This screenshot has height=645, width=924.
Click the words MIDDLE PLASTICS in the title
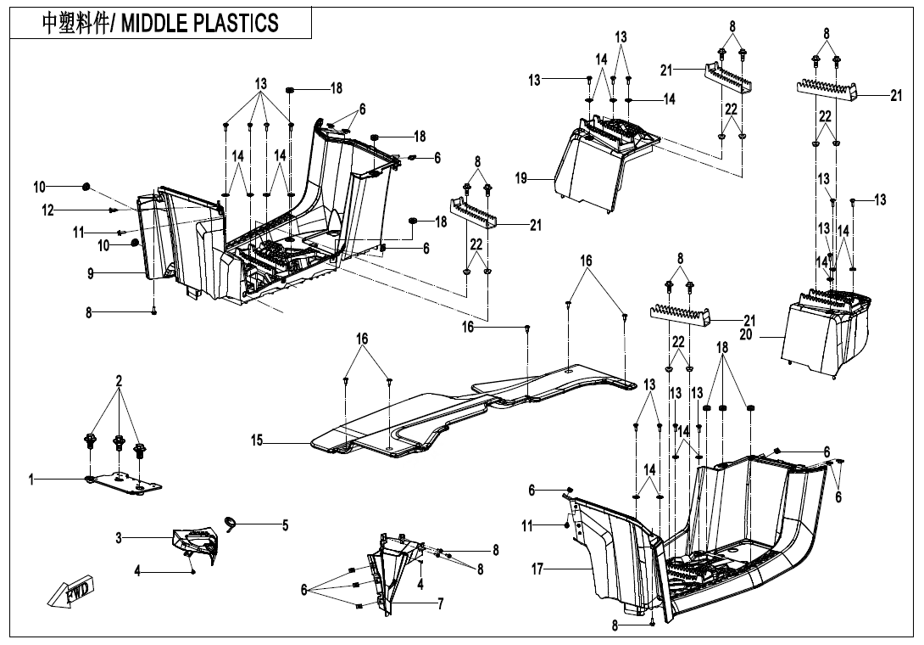[x=200, y=23]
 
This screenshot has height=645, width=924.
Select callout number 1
[x=31, y=480]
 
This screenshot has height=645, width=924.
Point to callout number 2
[x=119, y=381]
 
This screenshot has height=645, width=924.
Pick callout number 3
[x=120, y=537]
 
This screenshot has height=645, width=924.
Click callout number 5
[x=285, y=526]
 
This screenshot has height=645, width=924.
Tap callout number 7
[x=440, y=604]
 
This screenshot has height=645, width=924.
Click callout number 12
[x=48, y=210]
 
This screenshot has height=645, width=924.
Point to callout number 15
[x=257, y=440]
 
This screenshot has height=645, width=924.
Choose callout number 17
[x=537, y=570]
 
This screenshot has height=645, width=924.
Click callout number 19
[x=521, y=178]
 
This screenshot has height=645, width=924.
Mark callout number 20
[x=745, y=335]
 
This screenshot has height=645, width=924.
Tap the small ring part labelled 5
[x=230, y=521]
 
